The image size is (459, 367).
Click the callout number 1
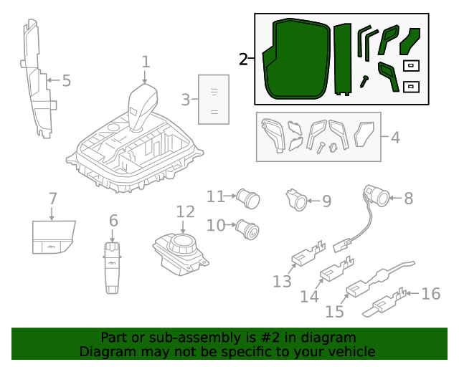[x=146, y=62]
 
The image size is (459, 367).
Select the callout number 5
[x=66, y=81]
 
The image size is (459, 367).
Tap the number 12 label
[x=185, y=211]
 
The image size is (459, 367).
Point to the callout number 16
[x=430, y=293]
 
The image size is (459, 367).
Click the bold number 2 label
[x=245, y=59]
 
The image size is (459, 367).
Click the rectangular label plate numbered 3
[x=213, y=100]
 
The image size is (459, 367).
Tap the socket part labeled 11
[x=248, y=196]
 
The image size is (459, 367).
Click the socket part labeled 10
[x=249, y=229]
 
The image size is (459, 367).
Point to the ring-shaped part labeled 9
[x=297, y=201]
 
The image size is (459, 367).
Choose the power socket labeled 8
[x=376, y=196]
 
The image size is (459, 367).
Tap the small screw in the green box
[x=365, y=81]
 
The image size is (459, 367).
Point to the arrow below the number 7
[x=52, y=212]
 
